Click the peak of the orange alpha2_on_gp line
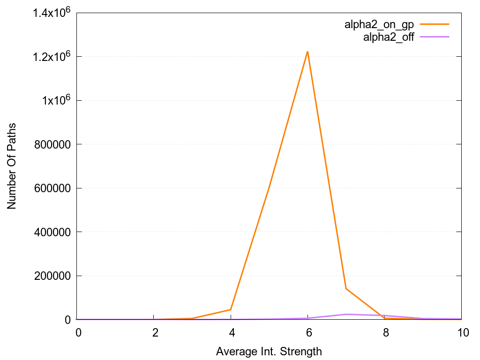click(x=307, y=51)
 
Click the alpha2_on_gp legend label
click(x=379, y=25)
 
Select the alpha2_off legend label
click(x=389, y=37)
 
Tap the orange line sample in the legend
click(x=435, y=24)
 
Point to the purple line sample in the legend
click(x=435, y=37)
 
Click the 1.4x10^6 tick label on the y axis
click(x=52, y=13)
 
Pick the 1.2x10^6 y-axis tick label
click(x=52, y=57)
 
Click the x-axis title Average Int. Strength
click(x=269, y=351)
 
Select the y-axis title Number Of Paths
click(x=12, y=166)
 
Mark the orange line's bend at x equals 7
click(x=346, y=288)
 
